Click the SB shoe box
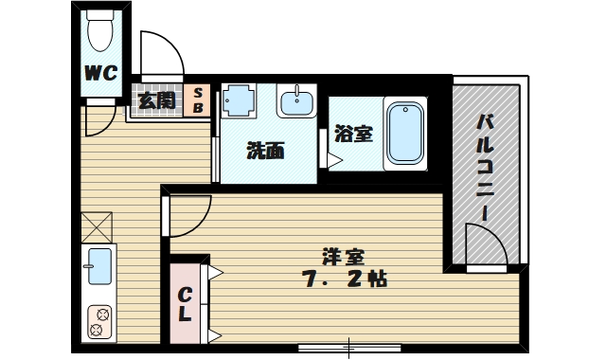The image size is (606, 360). [198, 100]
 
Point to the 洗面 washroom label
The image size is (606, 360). [265, 151]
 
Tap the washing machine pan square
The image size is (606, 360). [239, 99]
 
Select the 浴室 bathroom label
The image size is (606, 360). [353, 134]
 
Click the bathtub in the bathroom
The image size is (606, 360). [404, 134]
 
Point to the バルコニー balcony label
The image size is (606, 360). [485, 166]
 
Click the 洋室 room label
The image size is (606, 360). [343, 257]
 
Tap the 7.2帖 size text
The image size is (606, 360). [343, 280]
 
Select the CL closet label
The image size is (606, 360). [186, 302]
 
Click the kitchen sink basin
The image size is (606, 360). [98, 266]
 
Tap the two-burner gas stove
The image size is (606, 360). [98, 321]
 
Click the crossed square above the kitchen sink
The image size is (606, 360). [97, 227]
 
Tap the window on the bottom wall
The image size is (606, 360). [350, 346]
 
